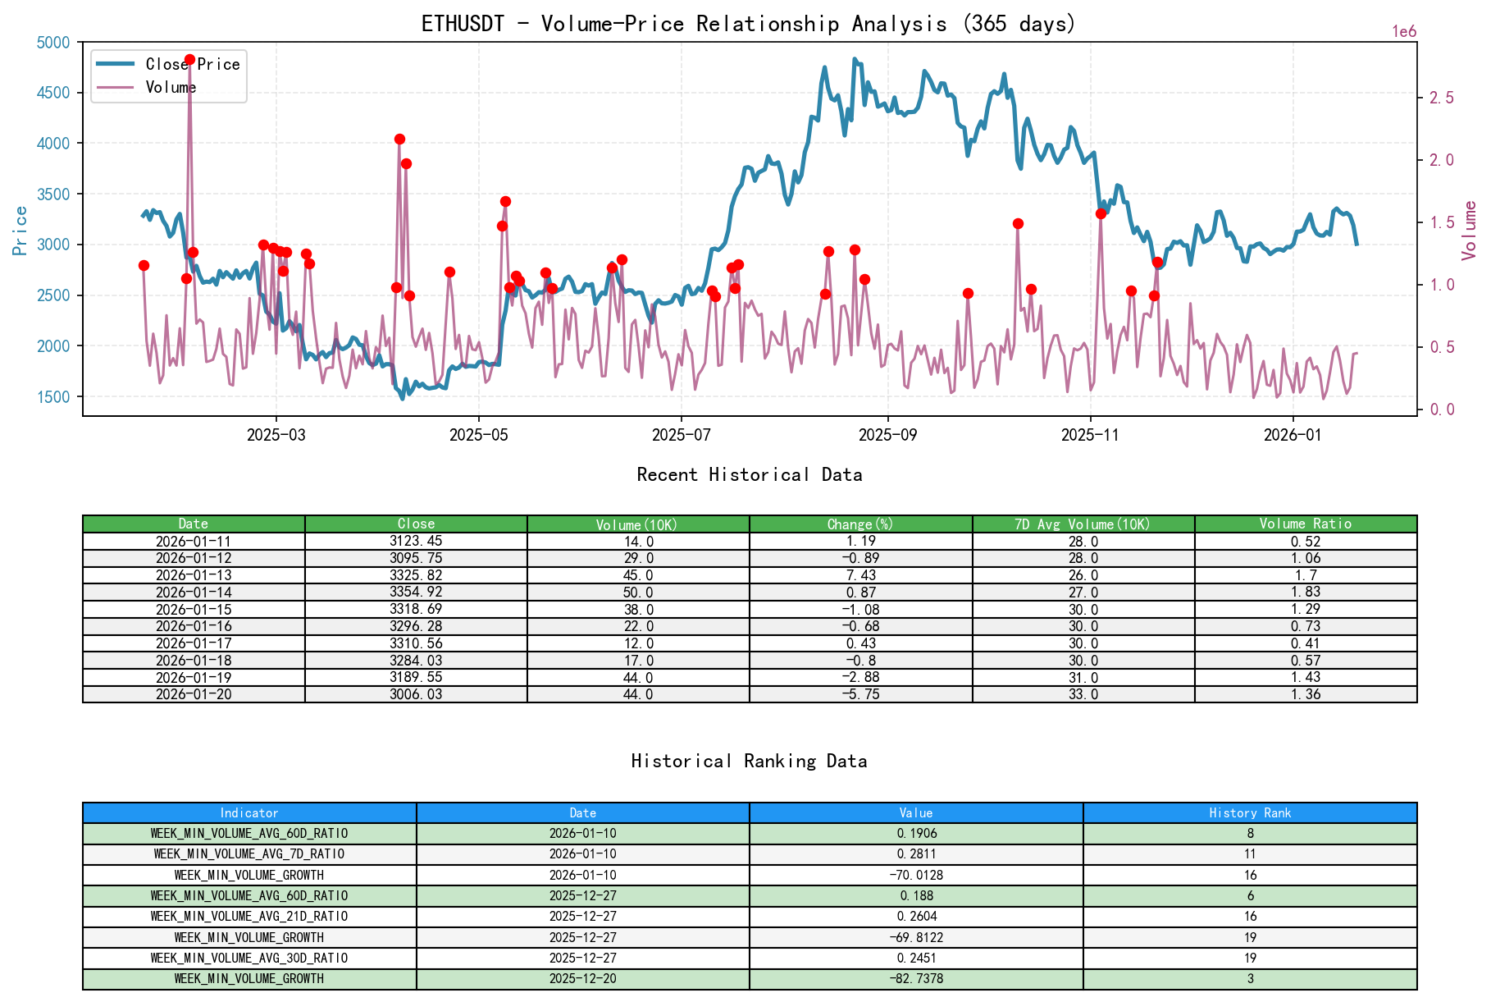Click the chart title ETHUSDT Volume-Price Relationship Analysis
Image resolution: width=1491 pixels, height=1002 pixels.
pyautogui.click(x=748, y=24)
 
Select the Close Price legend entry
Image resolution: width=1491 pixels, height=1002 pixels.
pyautogui.click(x=192, y=64)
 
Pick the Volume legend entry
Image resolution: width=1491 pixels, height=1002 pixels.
pyautogui.click(x=171, y=87)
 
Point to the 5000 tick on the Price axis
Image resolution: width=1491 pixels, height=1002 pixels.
pyautogui.click(x=54, y=42)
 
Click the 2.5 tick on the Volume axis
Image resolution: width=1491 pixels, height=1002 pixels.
pyautogui.click(x=1441, y=98)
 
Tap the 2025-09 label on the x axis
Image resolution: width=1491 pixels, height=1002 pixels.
pyautogui.click(x=887, y=435)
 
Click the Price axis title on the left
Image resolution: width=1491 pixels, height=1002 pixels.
pyautogui.click(x=21, y=230)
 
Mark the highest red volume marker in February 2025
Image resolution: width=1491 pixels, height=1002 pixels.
pyautogui.click(x=189, y=60)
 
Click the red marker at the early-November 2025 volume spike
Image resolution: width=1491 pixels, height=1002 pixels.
pyautogui.click(x=1101, y=213)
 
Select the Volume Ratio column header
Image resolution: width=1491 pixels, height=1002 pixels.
pyautogui.click(x=1305, y=524)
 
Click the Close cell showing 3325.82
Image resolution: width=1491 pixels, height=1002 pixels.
pyautogui.click(x=416, y=575)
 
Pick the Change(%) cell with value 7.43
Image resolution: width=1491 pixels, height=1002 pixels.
pyautogui.click(x=860, y=575)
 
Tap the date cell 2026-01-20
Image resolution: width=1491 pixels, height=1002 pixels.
pyautogui.click(x=194, y=694)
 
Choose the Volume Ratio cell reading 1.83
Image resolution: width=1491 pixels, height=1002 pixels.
pyautogui.click(x=1305, y=593)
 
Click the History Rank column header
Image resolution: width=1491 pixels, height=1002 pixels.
pyautogui.click(x=1249, y=812)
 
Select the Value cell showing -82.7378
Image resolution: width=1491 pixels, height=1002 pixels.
pyautogui.click(x=915, y=978)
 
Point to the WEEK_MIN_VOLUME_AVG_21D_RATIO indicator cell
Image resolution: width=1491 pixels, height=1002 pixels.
pyautogui.click(x=249, y=916)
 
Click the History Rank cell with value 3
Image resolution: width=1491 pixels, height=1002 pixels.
pyautogui.click(x=1249, y=978)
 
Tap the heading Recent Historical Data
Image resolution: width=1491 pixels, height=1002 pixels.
pyautogui.click(x=749, y=474)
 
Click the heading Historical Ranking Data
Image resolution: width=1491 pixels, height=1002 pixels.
pyautogui.click(x=749, y=761)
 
